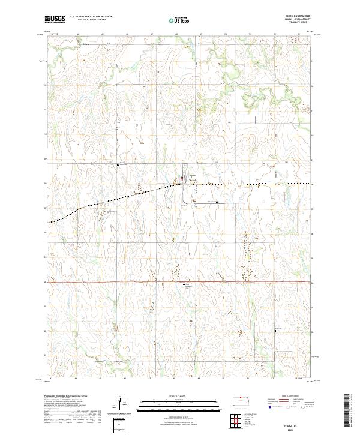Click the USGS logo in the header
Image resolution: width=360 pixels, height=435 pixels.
55,19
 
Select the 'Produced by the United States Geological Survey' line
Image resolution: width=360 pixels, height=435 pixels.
64,396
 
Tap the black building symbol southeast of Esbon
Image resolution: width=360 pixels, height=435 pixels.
217,202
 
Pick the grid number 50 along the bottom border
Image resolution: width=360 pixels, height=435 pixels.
223,379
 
